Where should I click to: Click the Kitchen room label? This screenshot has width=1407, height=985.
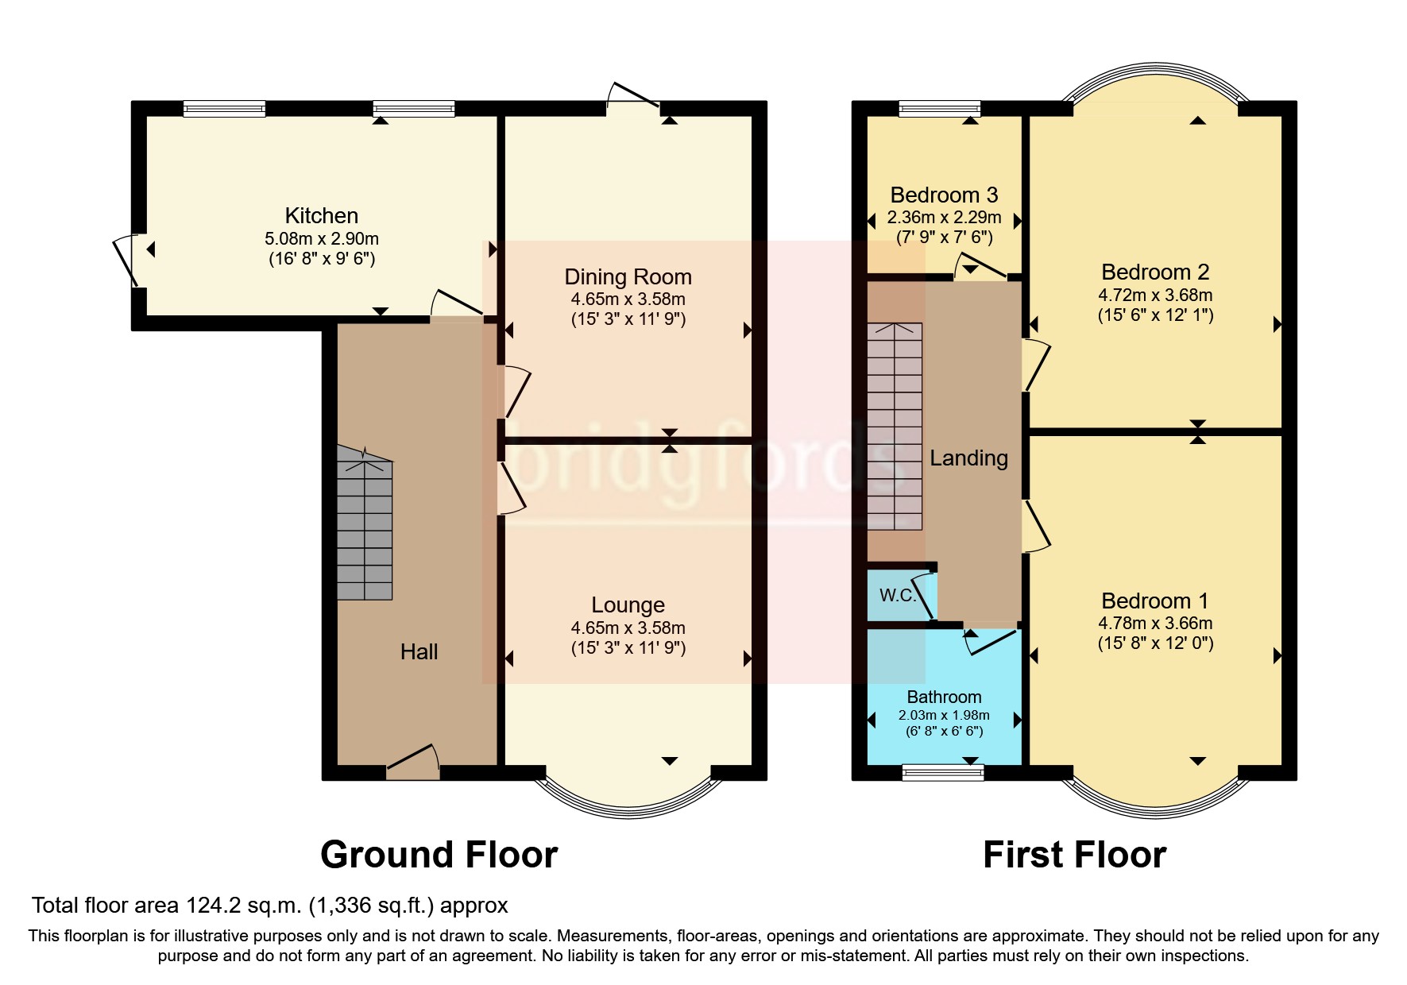[x=321, y=215]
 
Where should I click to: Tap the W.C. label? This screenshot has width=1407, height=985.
[x=898, y=596]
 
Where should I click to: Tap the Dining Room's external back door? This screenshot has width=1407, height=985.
[x=633, y=96]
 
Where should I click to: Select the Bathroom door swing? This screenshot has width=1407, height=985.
[x=989, y=641]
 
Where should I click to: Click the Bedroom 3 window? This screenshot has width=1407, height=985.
[x=939, y=109]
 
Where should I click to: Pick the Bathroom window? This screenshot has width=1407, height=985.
[x=943, y=772]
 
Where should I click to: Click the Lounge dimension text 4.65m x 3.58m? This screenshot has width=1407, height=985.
[x=628, y=628]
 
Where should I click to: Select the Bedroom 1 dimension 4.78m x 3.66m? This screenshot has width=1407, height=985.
[x=1155, y=623]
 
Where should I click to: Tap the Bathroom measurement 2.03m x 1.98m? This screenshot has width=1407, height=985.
[x=944, y=715]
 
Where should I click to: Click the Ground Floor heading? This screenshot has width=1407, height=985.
[x=439, y=855]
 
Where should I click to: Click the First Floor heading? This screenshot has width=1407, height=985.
[x=1074, y=855]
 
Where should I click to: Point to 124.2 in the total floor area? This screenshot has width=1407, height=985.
[x=212, y=906]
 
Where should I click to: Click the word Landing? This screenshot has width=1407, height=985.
[x=968, y=458]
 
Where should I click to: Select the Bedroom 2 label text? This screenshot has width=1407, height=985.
[x=1154, y=272]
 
